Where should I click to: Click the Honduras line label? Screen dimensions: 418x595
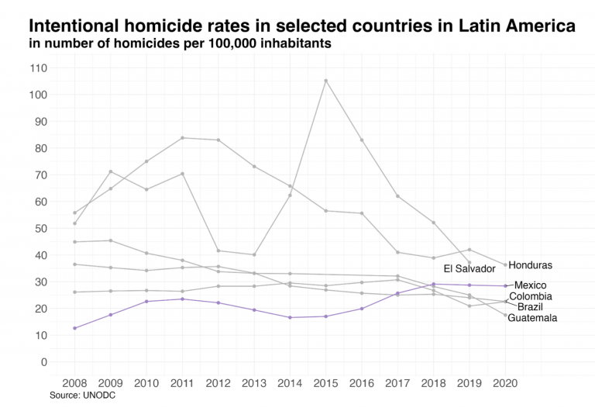[531, 266]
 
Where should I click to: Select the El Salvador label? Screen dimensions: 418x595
[469, 269]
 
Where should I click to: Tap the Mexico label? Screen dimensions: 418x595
[530, 285]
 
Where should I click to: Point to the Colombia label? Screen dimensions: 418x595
[531, 297]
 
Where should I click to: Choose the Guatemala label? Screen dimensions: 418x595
[532, 318]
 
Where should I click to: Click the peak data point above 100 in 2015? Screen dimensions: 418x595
[326, 81]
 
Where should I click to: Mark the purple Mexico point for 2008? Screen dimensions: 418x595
[75, 328]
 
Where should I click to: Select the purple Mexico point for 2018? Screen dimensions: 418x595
[434, 284]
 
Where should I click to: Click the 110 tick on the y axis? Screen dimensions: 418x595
[39, 68]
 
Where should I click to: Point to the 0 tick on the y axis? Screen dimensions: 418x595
[43, 362]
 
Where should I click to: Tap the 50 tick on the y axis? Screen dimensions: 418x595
[41, 229]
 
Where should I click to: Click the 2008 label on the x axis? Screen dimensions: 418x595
[75, 383]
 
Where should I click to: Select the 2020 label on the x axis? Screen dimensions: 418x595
[505, 383]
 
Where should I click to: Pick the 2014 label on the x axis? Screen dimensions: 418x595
[290, 383]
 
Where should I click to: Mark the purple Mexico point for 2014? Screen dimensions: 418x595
[291, 317]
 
